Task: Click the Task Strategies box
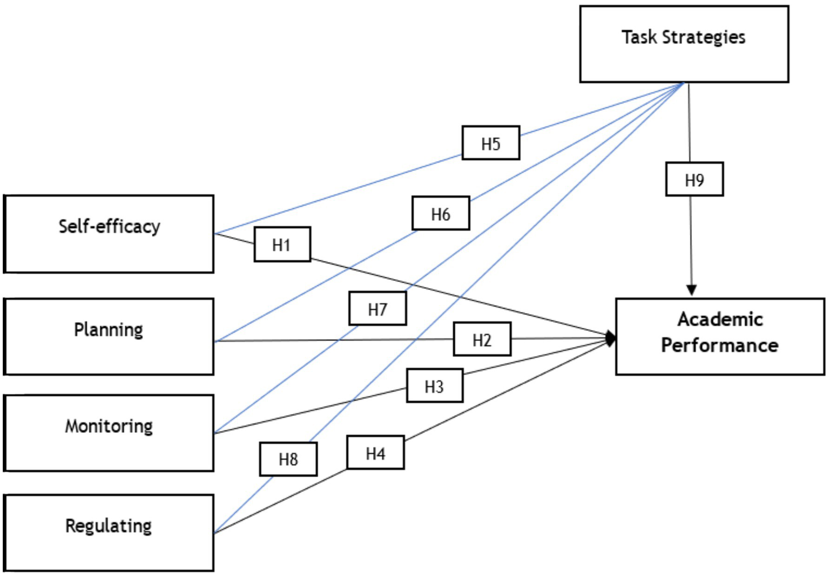click(684, 44)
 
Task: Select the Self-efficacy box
click(109, 234)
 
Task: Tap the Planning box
click(109, 336)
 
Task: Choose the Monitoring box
click(109, 432)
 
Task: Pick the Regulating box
click(109, 532)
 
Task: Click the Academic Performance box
click(720, 336)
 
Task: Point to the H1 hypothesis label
click(282, 245)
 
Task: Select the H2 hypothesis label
click(482, 339)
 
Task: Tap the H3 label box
click(434, 385)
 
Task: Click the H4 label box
click(375, 452)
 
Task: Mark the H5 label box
click(490, 143)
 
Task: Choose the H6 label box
click(441, 214)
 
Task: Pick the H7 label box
click(378, 308)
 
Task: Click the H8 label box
click(288, 459)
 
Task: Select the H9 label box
click(694, 179)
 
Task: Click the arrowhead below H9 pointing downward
click(691, 290)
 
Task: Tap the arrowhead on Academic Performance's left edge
click(611, 338)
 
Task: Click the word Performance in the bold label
click(720, 345)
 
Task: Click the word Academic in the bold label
click(720, 319)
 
